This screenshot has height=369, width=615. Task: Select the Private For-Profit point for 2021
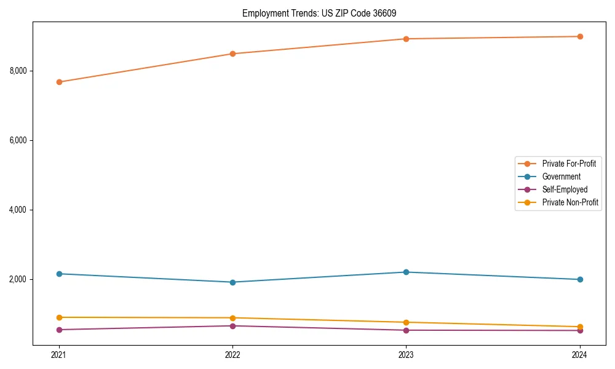(x=59, y=82)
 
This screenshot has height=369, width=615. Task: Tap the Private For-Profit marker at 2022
(x=232, y=54)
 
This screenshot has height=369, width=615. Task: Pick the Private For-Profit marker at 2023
(x=406, y=39)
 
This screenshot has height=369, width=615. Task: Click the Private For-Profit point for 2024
(x=580, y=36)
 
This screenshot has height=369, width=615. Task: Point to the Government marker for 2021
(x=59, y=274)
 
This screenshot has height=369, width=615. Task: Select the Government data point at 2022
(x=232, y=282)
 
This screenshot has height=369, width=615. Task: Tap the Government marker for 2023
(x=406, y=272)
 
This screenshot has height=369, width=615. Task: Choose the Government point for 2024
(x=580, y=279)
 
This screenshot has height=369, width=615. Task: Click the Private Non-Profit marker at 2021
(x=59, y=317)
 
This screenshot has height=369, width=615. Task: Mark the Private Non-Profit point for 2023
(x=406, y=322)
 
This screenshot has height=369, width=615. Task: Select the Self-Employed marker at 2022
(x=232, y=326)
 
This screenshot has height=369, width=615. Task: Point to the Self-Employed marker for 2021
(x=59, y=330)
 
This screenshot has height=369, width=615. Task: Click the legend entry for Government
(x=561, y=177)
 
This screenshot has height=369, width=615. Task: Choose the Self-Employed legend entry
(x=565, y=189)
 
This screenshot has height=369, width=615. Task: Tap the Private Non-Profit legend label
(x=570, y=202)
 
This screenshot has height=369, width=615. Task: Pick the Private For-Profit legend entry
(x=569, y=164)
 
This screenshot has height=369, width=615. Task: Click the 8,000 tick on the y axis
(x=18, y=71)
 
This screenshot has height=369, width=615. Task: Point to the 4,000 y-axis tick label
(x=18, y=210)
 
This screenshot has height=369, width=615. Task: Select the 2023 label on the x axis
(x=406, y=354)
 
